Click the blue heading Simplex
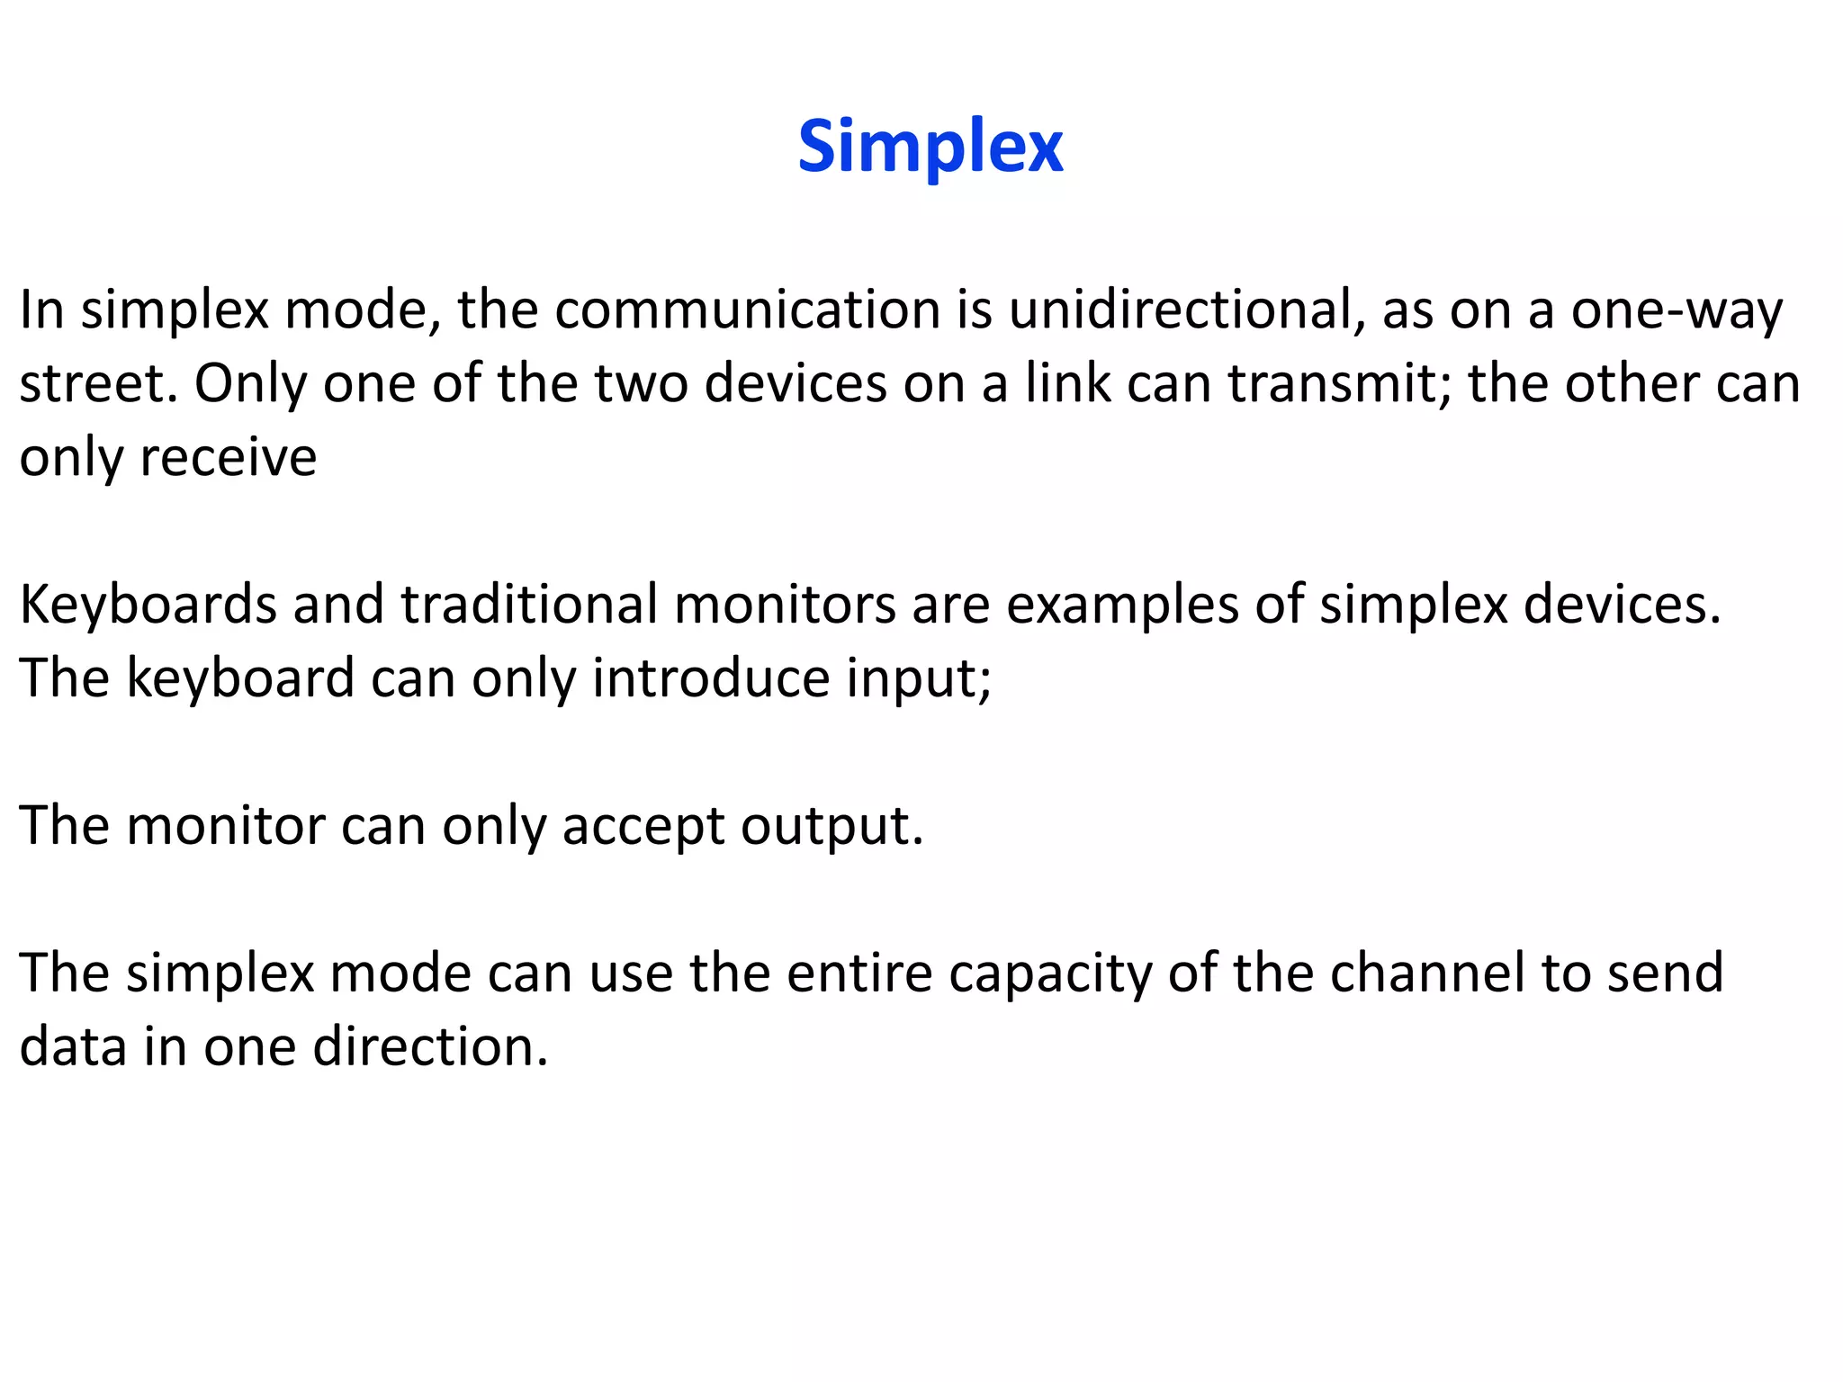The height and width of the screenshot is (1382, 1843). tap(930, 147)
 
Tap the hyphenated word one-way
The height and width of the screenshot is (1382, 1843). tap(1677, 311)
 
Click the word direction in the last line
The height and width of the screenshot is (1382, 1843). tap(430, 1047)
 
